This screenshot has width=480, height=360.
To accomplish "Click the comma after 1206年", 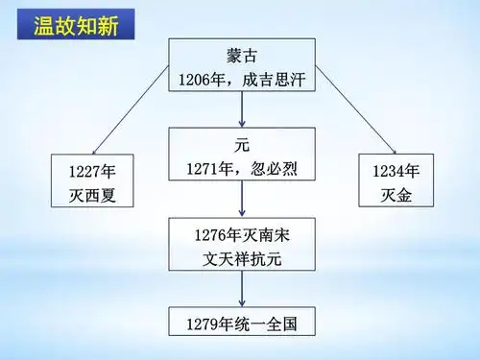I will (x=232, y=84).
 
